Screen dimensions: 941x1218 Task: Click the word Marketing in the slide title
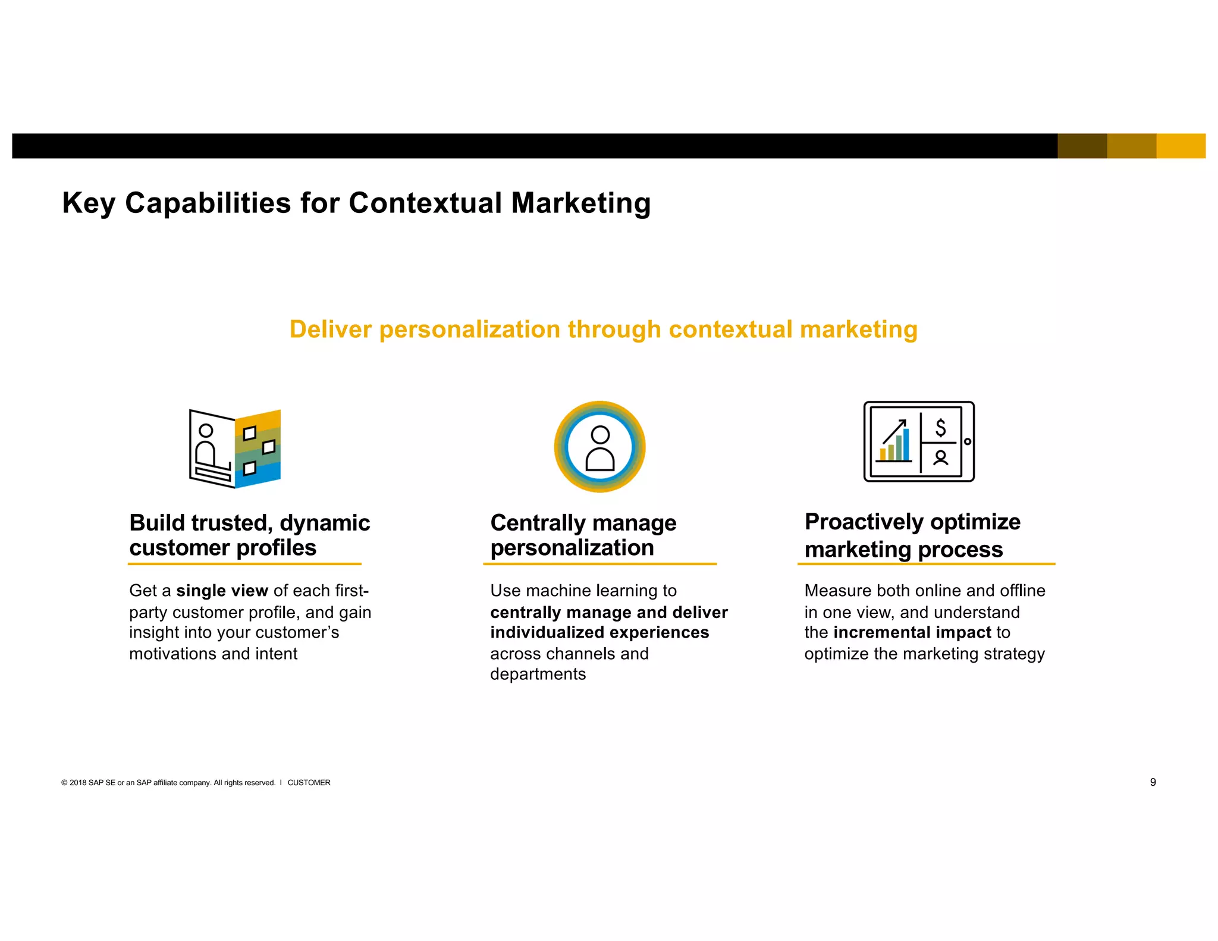pyautogui.click(x=581, y=203)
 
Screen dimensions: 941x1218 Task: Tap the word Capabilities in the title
pyautogui.click(x=208, y=203)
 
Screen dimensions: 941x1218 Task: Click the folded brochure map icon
pyautogui.click(x=235, y=448)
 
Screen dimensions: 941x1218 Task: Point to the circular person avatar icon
pyautogui.click(x=599, y=447)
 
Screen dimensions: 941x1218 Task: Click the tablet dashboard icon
pyautogui.click(x=919, y=441)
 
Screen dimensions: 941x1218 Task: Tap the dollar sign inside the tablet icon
pyautogui.click(x=940, y=428)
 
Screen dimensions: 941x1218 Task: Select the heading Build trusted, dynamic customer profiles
pyautogui.click(x=250, y=535)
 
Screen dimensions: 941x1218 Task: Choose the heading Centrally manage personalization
pyautogui.click(x=583, y=535)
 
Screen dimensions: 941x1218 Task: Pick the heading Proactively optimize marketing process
pyautogui.click(x=912, y=535)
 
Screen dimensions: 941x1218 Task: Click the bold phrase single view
pyautogui.click(x=222, y=591)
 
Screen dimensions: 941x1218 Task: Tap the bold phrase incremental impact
pyautogui.click(x=912, y=632)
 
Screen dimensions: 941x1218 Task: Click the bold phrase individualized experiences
pyautogui.click(x=599, y=632)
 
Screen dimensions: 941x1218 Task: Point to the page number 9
pyautogui.click(x=1153, y=782)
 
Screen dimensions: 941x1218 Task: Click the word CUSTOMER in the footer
pyautogui.click(x=309, y=783)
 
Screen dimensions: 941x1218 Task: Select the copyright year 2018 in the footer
pyautogui.click(x=78, y=783)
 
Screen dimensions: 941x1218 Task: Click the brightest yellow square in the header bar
pyautogui.click(x=1181, y=146)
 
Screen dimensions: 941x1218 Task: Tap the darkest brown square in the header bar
pyautogui.click(x=1082, y=146)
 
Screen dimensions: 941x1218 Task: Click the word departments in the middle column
pyautogui.click(x=538, y=674)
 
